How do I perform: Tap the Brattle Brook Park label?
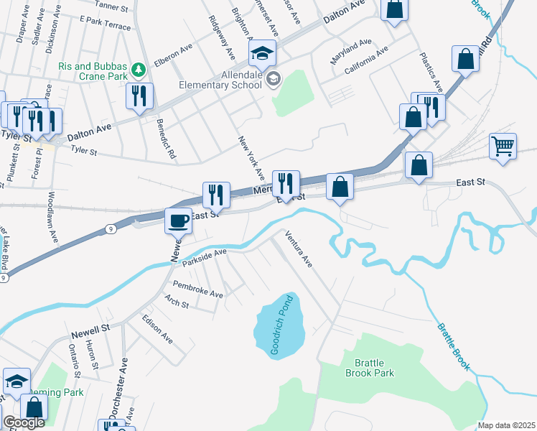coord(369,368)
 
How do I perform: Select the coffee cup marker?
coord(179,220)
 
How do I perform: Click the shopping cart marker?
coord(503,146)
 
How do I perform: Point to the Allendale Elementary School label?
coord(223,79)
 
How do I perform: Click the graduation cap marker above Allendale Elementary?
coord(262,52)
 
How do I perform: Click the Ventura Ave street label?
coord(299,249)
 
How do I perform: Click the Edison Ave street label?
coord(157,327)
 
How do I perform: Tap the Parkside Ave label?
coord(205,256)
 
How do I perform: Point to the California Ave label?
coord(366,62)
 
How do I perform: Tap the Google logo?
coord(24,423)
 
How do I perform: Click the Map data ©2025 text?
coord(506,425)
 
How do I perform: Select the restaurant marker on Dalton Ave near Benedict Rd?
coord(139,96)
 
